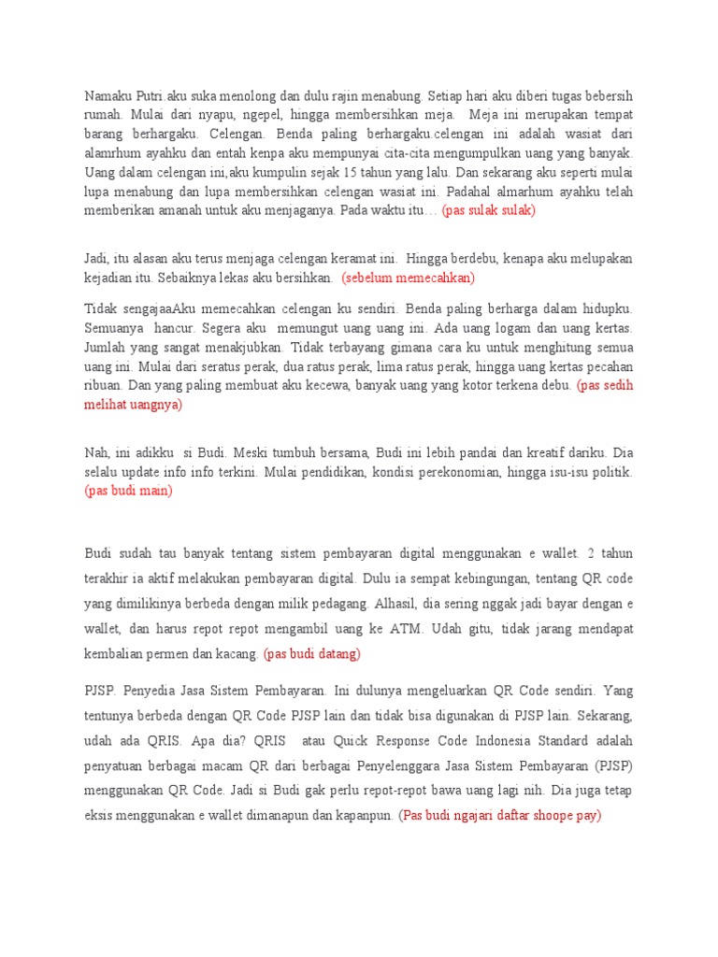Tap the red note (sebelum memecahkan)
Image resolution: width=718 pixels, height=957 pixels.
[x=409, y=278]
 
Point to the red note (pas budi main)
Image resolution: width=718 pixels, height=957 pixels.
[x=129, y=491]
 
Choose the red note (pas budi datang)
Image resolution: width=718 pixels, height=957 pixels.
[x=312, y=653]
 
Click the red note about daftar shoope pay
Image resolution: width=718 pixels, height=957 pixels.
[x=500, y=815]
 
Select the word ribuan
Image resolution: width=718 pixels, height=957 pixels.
[x=105, y=385]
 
